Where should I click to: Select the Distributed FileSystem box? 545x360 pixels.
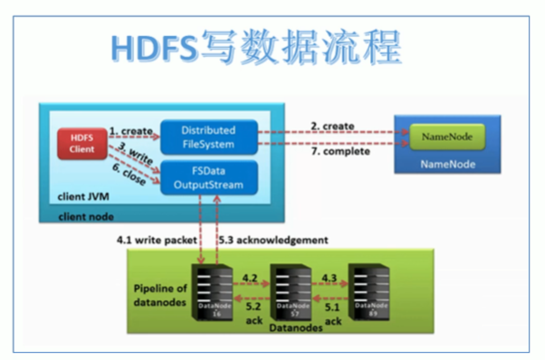207,135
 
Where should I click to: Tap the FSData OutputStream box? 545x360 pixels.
207,177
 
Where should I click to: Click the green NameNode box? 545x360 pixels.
446,137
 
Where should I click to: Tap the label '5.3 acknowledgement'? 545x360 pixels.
274,240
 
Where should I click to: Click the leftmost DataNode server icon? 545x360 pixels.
207,289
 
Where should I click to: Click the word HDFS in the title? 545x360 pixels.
148,47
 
